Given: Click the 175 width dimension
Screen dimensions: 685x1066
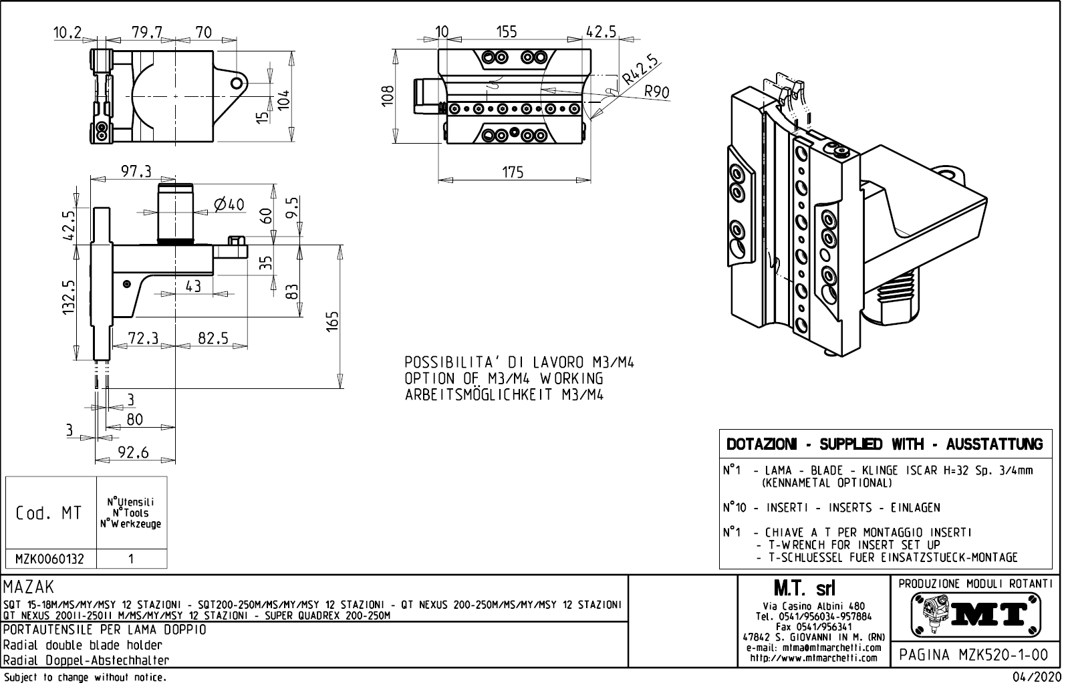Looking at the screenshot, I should pos(513,172).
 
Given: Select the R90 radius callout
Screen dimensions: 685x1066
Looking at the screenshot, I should pos(657,92).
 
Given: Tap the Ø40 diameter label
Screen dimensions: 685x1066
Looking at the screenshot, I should pos(229,204).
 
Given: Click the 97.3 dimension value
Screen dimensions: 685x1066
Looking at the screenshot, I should pos(136,172).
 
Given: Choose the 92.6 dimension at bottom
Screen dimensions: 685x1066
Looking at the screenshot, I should pos(134,453).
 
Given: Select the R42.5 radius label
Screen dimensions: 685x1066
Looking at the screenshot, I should pos(640,70).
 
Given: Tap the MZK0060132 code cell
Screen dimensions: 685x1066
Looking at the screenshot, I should pos(51,559).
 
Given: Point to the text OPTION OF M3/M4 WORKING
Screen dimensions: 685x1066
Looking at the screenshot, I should pos(504,378).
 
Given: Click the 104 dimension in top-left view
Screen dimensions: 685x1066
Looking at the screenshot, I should pos(284,100).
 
